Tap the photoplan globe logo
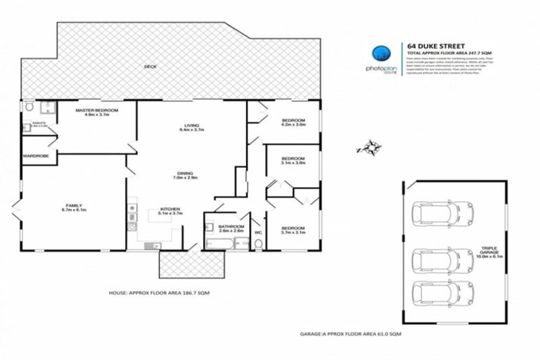coord(380,53)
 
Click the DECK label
coord(150,67)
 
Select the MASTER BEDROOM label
coord(97,111)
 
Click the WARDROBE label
coord(35,155)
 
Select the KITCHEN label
coord(171,210)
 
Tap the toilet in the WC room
coord(258,243)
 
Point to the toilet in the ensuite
coord(29,107)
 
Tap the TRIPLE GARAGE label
coord(489,249)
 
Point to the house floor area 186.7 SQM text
coord(159,291)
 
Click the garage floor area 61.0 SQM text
coord(352,333)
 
